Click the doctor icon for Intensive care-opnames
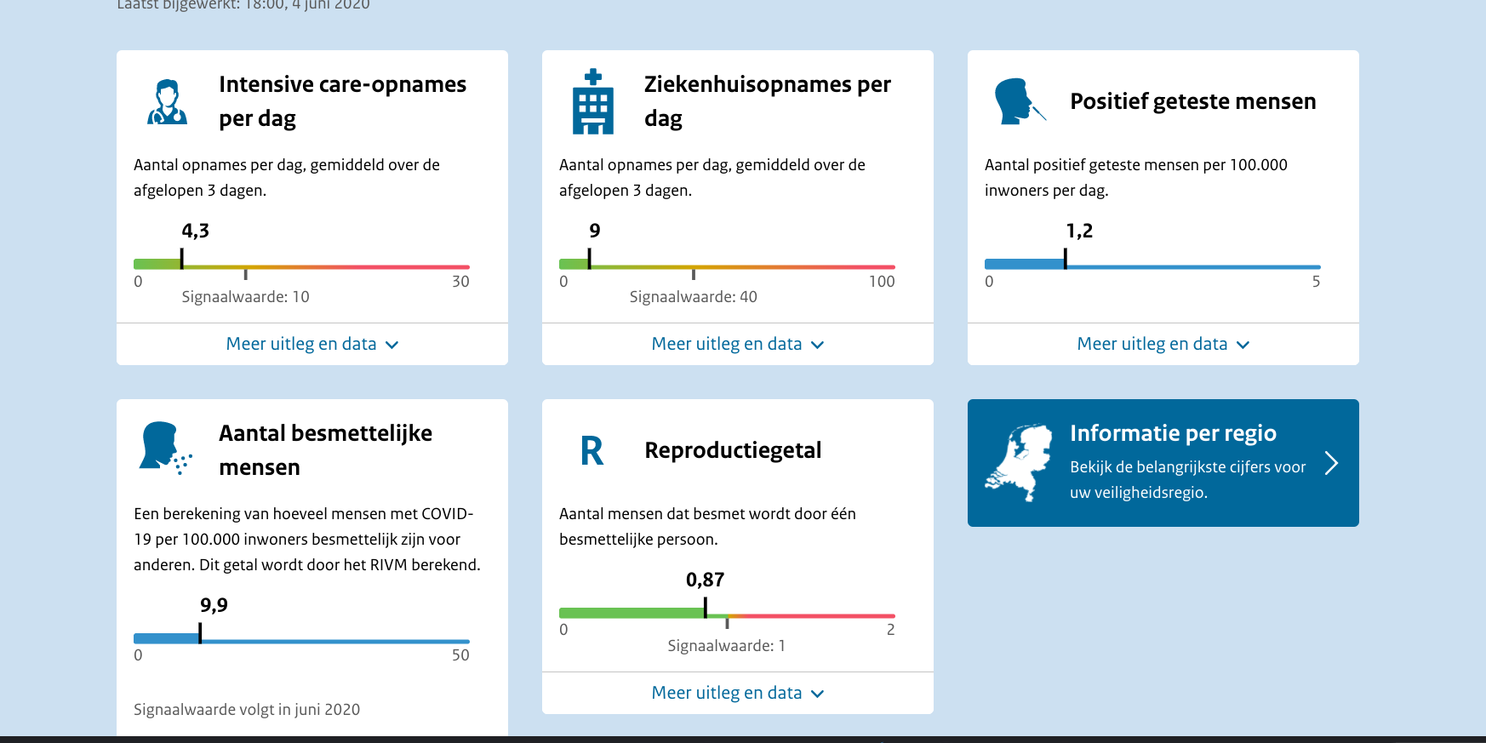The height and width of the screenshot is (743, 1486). (x=167, y=102)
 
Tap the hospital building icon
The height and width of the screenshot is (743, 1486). (x=593, y=102)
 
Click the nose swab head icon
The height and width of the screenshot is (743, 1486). (x=1019, y=101)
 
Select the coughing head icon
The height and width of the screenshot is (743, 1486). (x=165, y=448)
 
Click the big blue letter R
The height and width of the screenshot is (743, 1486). (x=592, y=451)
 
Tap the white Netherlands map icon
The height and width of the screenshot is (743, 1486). (x=1019, y=463)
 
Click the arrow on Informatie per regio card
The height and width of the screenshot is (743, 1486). (x=1331, y=463)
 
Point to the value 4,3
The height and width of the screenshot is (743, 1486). (x=195, y=231)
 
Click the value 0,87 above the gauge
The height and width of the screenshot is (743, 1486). (x=705, y=580)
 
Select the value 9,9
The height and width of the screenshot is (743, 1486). (x=214, y=605)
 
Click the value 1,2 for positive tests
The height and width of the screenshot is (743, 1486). (x=1079, y=231)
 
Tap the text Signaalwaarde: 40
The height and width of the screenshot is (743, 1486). (x=693, y=297)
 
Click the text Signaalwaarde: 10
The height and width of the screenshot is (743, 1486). (x=245, y=297)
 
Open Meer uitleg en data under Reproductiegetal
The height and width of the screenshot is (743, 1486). (x=737, y=693)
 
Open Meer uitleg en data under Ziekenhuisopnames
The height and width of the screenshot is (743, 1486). (x=737, y=344)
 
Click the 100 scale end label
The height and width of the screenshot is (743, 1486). (x=882, y=282)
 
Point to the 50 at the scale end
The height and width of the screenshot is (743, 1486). (x=460, y=655)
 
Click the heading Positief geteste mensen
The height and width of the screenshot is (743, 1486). (x=1192, y=101)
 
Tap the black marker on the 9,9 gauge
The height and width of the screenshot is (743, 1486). (x=200, y=633)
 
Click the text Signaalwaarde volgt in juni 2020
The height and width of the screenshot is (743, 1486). (x=247, y=710)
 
